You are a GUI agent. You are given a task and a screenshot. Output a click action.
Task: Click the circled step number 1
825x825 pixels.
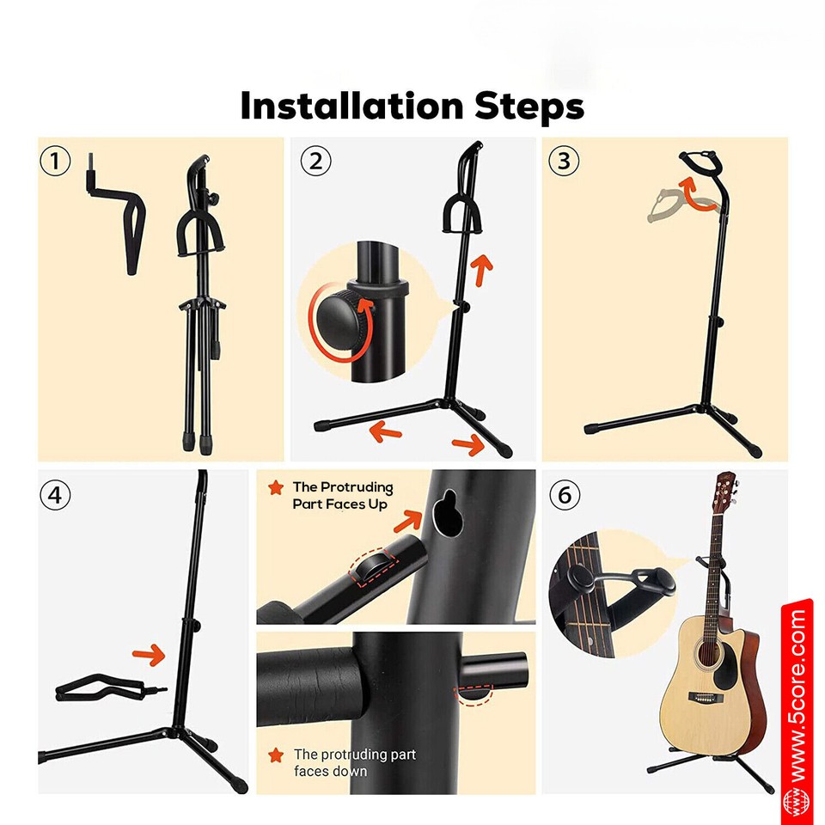click(x=56, y=161)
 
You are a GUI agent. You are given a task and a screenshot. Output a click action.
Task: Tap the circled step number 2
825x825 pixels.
click(x=316, y=161)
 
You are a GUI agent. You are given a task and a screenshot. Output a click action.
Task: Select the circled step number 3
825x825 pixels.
click(x=564, y=161)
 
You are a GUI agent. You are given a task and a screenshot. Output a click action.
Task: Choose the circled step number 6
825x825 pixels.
click(x=564, y=495)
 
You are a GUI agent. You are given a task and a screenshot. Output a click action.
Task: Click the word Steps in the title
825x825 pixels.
click(x=529, y=107)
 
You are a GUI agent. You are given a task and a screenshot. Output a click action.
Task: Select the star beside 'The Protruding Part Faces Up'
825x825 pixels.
click(x=276, y=487)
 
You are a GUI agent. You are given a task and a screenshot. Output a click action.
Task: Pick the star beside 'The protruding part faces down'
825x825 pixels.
click(x=276, y=755)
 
